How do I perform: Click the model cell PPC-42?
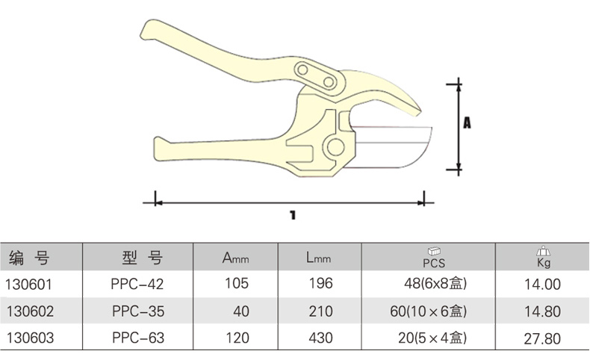137,284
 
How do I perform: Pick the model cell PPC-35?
137,311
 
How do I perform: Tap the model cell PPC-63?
137,338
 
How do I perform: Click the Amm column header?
235,259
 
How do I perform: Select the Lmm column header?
318,259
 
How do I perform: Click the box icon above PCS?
434,252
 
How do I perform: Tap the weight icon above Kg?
544,252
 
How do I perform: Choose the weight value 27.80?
542,338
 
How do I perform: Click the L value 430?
320,338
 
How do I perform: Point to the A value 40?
240,311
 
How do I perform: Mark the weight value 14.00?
542,284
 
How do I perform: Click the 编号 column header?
30,259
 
